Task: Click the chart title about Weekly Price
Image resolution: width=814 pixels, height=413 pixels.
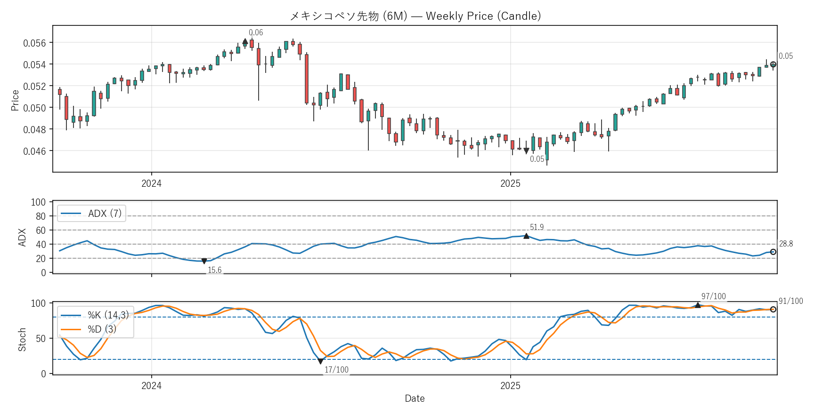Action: pyautogui.click(x=415, y=16)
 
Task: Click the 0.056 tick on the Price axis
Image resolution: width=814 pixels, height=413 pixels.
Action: pyautogui.click(x=35, y=43)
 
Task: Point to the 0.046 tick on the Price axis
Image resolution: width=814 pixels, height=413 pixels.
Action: pyautogui.click(x=35, y=151)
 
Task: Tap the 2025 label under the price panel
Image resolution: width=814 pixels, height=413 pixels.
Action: pyautogui.click(x=510, y=183)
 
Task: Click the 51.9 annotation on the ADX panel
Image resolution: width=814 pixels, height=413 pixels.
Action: pyautogui.click(x=537, y=227)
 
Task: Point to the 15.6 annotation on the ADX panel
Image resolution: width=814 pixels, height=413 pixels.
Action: pyautogui.click(x=214, y=270)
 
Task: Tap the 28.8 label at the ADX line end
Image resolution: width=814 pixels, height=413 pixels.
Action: pyautogui.click(x=786, y=244)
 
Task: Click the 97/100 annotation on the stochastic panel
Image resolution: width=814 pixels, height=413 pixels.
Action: pyautogui.click(x=713, y=296)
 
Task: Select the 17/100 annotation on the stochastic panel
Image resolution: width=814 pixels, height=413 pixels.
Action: pyautogui.click(x=336, y=370)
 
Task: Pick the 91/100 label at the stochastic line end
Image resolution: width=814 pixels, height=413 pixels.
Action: pyautogui.click(x=790, y=301)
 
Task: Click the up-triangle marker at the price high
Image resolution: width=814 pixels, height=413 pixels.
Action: pyautogui.click(x=245, y=41)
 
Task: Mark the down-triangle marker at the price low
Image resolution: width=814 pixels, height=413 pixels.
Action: pyautogui.click(x=526, y=151)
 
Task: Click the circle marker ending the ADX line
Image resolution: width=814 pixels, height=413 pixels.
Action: pyautogui.click(x=773, y=252)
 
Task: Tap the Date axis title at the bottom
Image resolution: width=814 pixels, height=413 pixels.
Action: pyautogui.click(x=415, y=398)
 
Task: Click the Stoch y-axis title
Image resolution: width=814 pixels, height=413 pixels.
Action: pyautogui.click(x=22, y=340)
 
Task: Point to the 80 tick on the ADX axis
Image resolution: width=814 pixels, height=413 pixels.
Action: pyautogui.click(x=41, y=216)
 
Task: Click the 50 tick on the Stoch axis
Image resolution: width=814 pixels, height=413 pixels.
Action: pyautogui.click(x=41, y=339)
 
